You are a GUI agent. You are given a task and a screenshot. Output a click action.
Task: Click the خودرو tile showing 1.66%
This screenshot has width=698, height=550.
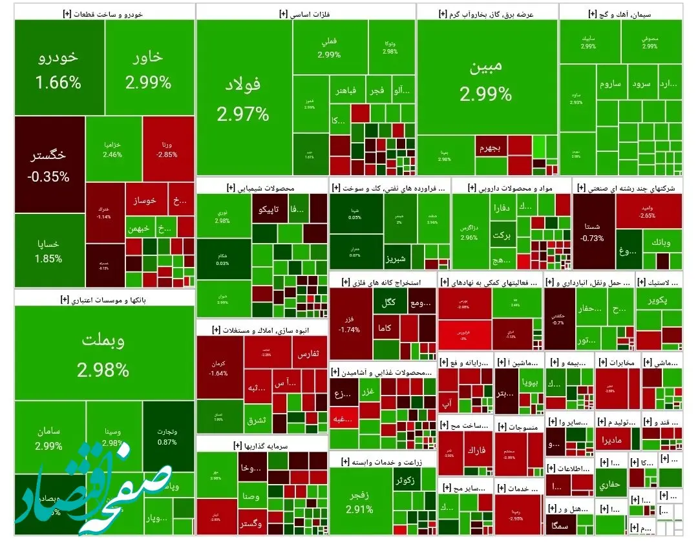(59, 68)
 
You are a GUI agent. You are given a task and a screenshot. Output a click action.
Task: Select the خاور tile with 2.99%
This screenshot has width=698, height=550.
(148, 68)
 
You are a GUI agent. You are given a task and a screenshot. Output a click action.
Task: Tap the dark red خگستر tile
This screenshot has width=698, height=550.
(49, 164)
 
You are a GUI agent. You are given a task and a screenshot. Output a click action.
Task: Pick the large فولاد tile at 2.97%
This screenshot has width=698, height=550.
(243, 97)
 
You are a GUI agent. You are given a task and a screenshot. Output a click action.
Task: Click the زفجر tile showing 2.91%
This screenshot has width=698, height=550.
(359, 501)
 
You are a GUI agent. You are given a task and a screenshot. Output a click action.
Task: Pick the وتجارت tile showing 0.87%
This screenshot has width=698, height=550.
(167, 436)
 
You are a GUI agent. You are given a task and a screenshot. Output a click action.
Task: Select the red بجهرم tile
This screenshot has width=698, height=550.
(491, 148)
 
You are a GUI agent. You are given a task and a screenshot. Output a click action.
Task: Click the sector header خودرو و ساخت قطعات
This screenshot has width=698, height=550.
(103, 13)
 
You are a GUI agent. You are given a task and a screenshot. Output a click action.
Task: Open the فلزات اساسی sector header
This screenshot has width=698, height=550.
(306, 13)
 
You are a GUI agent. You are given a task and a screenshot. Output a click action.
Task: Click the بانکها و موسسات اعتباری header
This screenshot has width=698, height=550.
(103, 299)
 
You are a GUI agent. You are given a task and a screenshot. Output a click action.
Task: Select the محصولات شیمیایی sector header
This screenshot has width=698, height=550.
(261, 187)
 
